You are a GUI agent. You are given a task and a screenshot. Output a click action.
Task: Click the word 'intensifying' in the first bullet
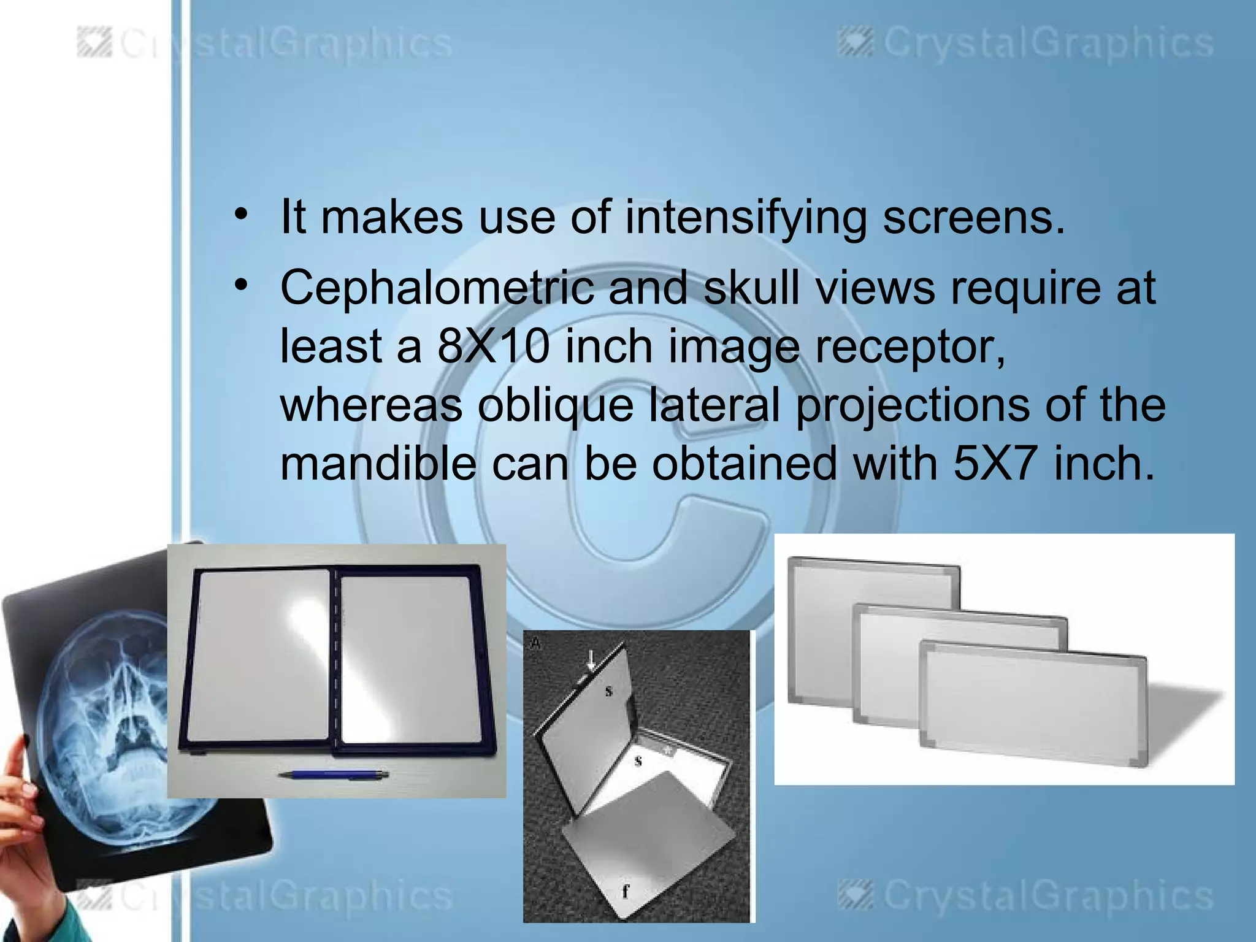click(x=746, y=218)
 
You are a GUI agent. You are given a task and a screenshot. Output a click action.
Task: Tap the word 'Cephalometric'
click(x=437, y=288)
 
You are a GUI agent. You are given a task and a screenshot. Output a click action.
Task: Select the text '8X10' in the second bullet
click(x=493, y=347)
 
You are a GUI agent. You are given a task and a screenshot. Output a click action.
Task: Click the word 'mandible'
click(x=378, y=464)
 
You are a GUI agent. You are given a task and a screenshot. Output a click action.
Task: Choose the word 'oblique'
click(x=555, y=406)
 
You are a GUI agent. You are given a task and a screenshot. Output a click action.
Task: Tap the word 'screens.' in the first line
click(x=974, y=218)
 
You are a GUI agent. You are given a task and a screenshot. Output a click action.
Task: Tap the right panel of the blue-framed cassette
click(x=405, y=659)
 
